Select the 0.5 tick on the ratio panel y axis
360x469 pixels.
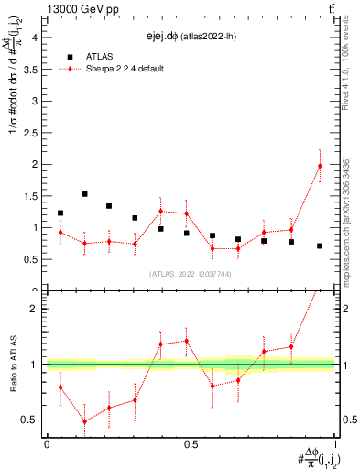pos(29,420)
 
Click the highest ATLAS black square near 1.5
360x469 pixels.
pos(84,194)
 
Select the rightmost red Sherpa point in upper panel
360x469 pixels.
pos(320,166)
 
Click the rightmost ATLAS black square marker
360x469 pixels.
pos(320,245)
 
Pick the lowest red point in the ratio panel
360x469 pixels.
pos(84,421)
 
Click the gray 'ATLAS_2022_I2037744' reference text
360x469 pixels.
pos(190,274)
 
